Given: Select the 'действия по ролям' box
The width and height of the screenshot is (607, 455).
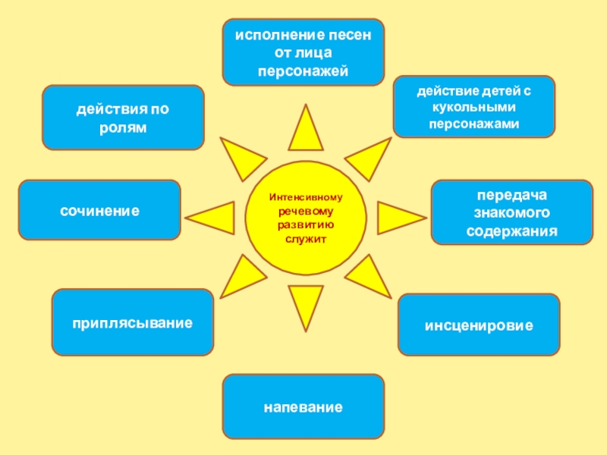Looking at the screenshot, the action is [x=123, y=118].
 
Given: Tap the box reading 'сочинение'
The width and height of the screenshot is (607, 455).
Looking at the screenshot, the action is [x=99, y=212].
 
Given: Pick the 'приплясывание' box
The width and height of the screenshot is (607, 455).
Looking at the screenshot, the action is [x=133, y=322].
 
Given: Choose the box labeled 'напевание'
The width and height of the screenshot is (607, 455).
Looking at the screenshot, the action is [x=303, y=406].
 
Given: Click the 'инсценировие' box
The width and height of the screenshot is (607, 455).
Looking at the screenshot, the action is [x=479, y=325].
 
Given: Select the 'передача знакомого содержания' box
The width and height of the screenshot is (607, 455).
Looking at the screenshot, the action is [x=511, y=212].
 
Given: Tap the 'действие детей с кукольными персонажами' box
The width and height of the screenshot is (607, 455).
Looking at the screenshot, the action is [x=474, y=106].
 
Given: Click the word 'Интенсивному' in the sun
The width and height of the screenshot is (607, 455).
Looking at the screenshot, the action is [x=306, y=197].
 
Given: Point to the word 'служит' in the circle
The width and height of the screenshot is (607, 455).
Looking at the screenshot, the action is [x=306, y=238].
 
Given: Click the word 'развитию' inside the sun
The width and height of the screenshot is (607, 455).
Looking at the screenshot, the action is [x=306, y=224].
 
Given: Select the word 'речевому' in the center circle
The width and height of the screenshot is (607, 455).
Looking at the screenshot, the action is [x=306, y=211].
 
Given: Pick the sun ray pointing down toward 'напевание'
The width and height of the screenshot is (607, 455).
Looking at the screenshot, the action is [x=306, y=303].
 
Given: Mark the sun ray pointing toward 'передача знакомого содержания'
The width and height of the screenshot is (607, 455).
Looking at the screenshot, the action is [x=392, y=218].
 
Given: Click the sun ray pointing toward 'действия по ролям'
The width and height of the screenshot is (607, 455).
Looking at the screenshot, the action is [x=241, y=157].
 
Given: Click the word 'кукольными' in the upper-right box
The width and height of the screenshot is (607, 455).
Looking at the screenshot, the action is [x=474, y=107].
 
